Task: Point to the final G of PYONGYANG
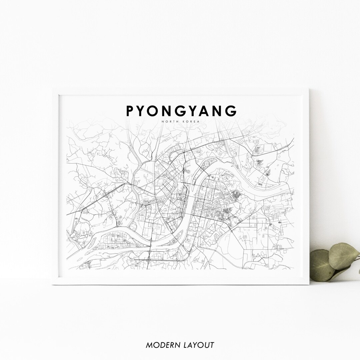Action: [x=231, y=111]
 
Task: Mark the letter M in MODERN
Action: [x=149, y=345]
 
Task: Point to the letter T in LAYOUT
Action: [x=212, y=345]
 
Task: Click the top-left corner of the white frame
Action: [x=52, y=89]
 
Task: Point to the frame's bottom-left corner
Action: [x=52, y=284]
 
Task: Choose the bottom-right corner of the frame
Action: [x=309, y=284]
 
